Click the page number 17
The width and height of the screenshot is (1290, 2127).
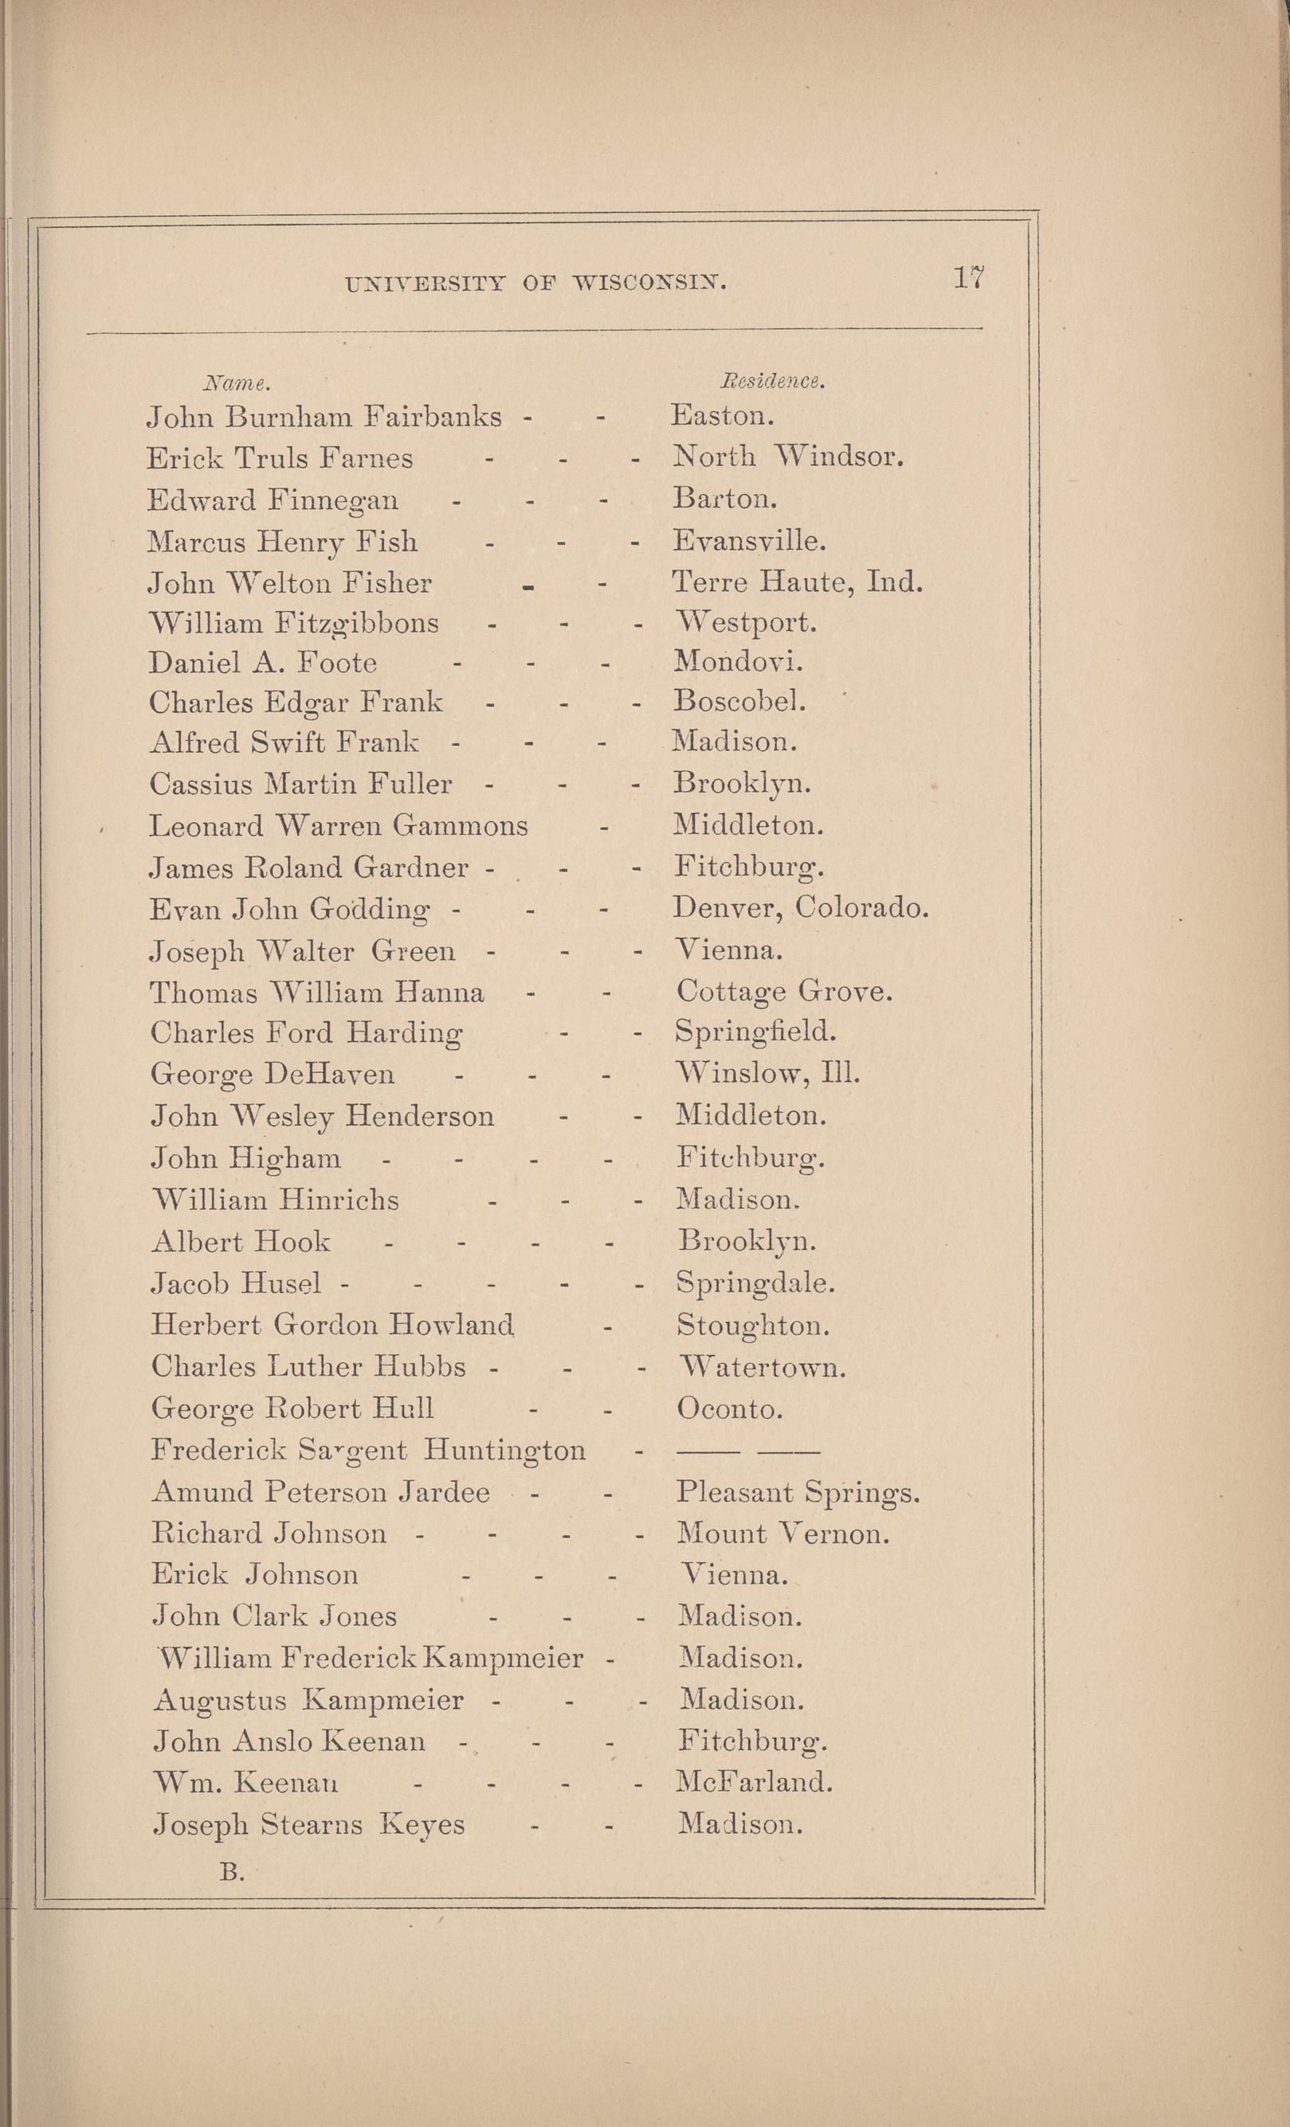969,278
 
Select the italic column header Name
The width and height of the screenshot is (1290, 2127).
237,382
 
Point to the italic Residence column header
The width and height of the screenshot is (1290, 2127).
773,381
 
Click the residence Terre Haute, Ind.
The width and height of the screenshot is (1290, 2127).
797,582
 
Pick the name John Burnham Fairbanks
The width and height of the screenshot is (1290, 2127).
323,417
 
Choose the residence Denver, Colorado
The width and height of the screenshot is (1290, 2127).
799,907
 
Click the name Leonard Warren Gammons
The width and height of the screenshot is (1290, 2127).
339,826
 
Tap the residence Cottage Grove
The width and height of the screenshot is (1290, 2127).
784,991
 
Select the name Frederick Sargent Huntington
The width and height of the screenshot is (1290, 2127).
369,1450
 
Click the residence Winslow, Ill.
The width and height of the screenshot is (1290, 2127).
767,1074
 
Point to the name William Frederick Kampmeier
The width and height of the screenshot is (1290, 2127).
372,1659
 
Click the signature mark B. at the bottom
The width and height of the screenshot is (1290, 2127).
231,1871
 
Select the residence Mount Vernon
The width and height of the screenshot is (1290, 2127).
783,1534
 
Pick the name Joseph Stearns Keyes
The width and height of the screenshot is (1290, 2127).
309,1825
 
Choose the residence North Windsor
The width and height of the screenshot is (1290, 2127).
787,456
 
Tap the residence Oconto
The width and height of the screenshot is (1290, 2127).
730,1408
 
